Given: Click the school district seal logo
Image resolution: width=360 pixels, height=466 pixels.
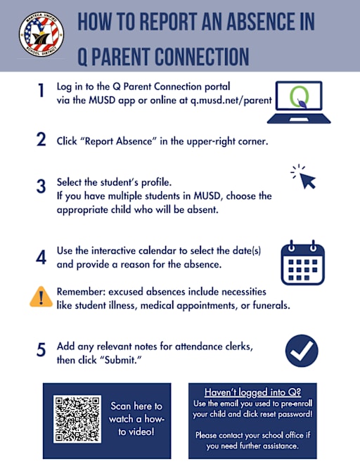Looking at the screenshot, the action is (41, 35).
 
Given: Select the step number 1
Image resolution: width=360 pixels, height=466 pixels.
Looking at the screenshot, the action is (41, 91).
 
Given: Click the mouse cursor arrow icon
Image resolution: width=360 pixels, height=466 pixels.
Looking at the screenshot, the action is (304, 177).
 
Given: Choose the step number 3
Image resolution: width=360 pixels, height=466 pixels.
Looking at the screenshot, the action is (41, 188).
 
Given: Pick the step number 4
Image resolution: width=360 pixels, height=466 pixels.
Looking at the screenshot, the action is (41, 257).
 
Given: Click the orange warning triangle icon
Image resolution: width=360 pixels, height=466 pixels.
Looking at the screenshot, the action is (41, 297).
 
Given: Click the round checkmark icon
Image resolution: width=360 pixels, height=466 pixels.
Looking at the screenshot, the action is (302, 350).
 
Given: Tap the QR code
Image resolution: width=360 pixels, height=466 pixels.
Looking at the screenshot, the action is (77, 420).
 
